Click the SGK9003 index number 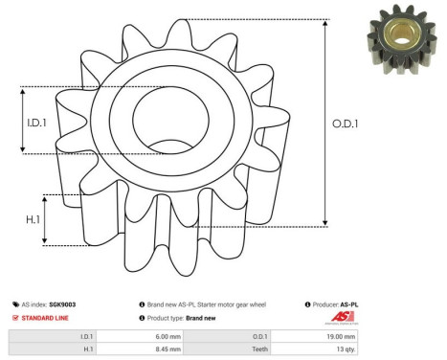coord(63,304)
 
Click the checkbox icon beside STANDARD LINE coord(13,317)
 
